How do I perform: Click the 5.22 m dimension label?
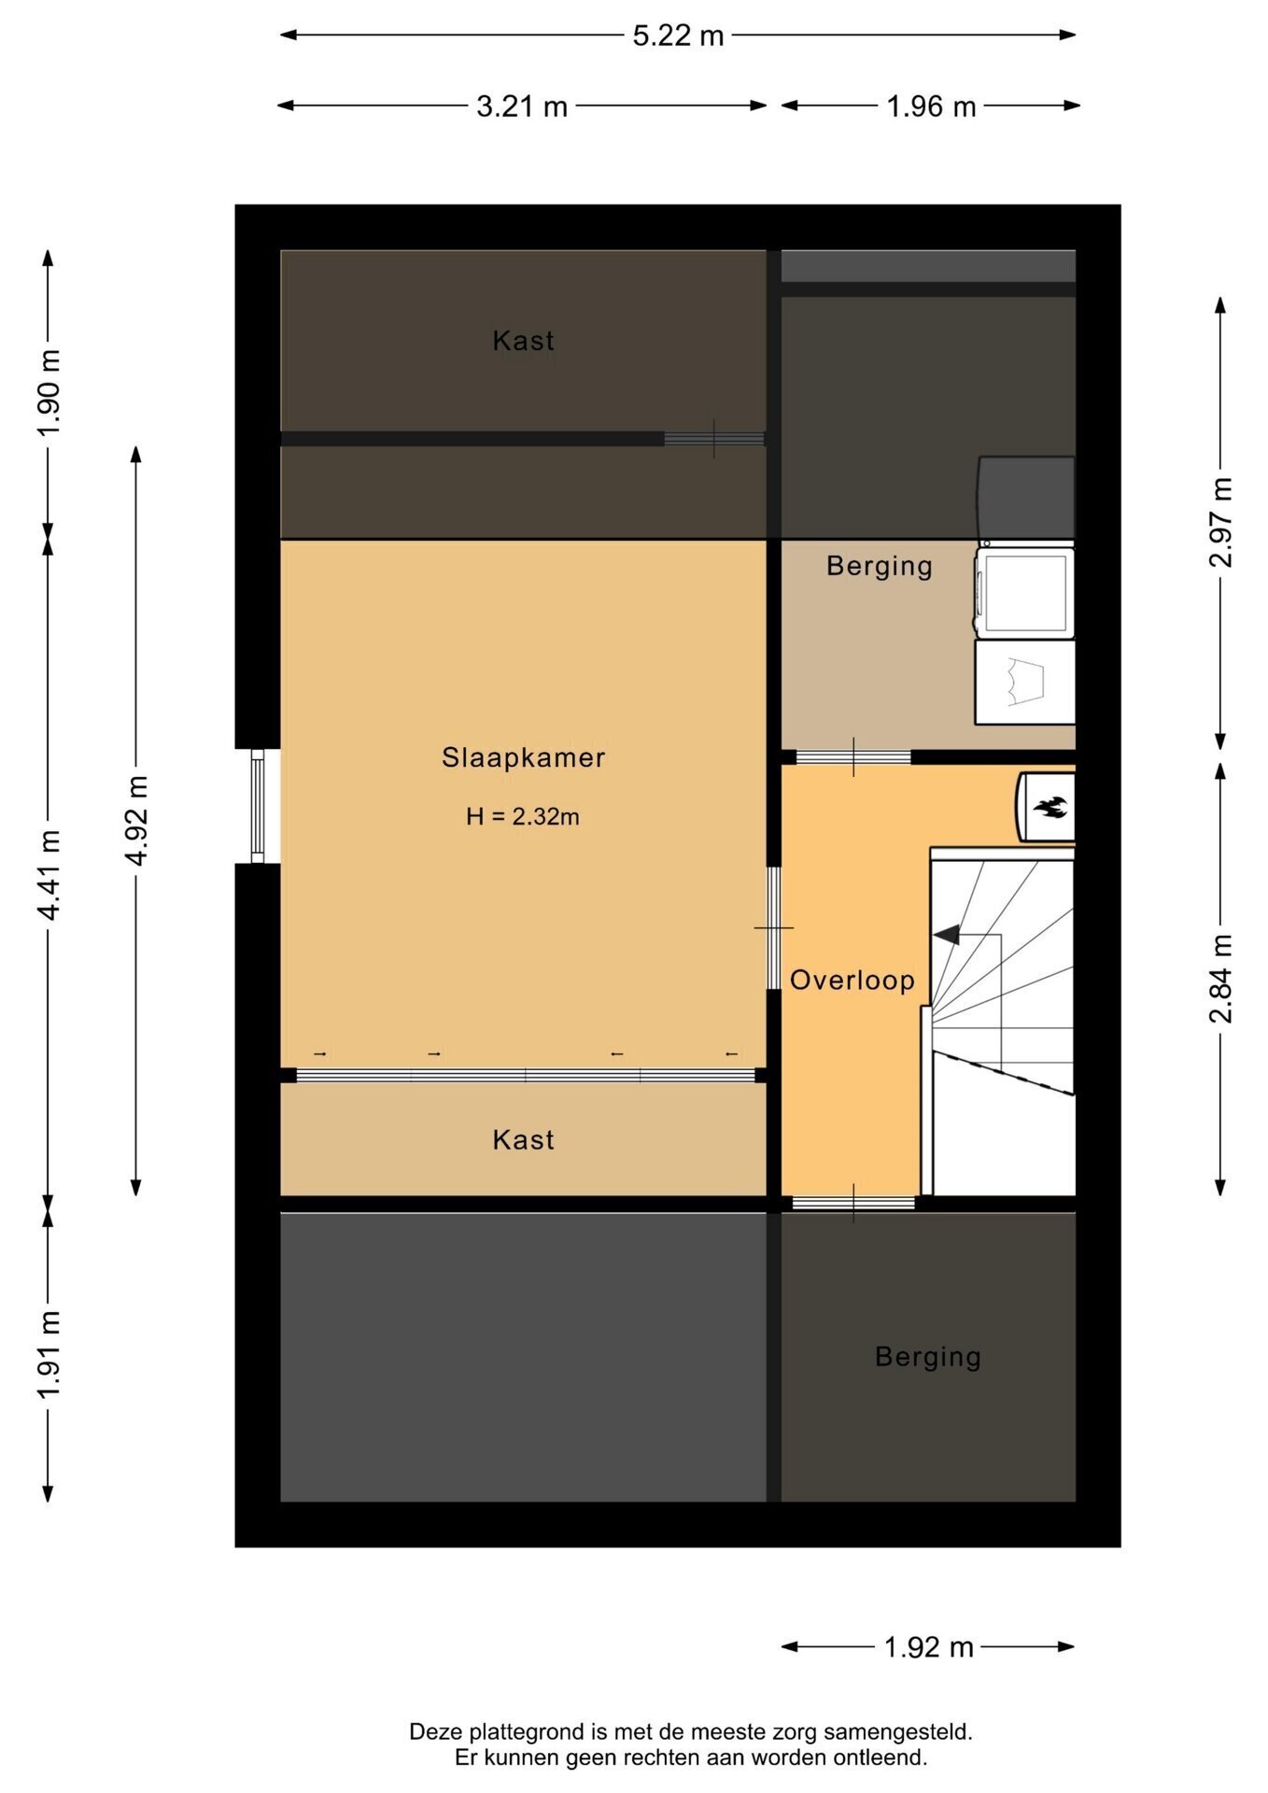tap(678, 35)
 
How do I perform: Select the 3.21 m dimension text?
tap(522, 106)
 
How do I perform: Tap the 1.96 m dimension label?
tap(931, 106)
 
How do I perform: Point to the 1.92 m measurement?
tap(929, 1646)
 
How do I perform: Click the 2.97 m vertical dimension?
tap(1220, 522)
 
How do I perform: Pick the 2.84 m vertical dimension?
tap(1220, 978)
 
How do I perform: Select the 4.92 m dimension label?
tap(136, 820)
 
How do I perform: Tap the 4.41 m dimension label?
tap(49, 874)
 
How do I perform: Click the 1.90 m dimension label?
tap(49, 392)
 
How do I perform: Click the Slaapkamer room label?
tap(523, 757)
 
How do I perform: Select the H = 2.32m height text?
tap(523, 816)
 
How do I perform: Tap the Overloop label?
tap(852, 980)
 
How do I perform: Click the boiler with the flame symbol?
tap(1046, 806)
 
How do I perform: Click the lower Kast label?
tap(523, 1139)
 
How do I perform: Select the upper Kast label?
tap(523, 341)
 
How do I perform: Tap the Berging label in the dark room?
tap(928, 1357)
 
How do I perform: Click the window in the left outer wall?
tap(258, 806)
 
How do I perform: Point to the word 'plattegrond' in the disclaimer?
tap(527, 1732)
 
